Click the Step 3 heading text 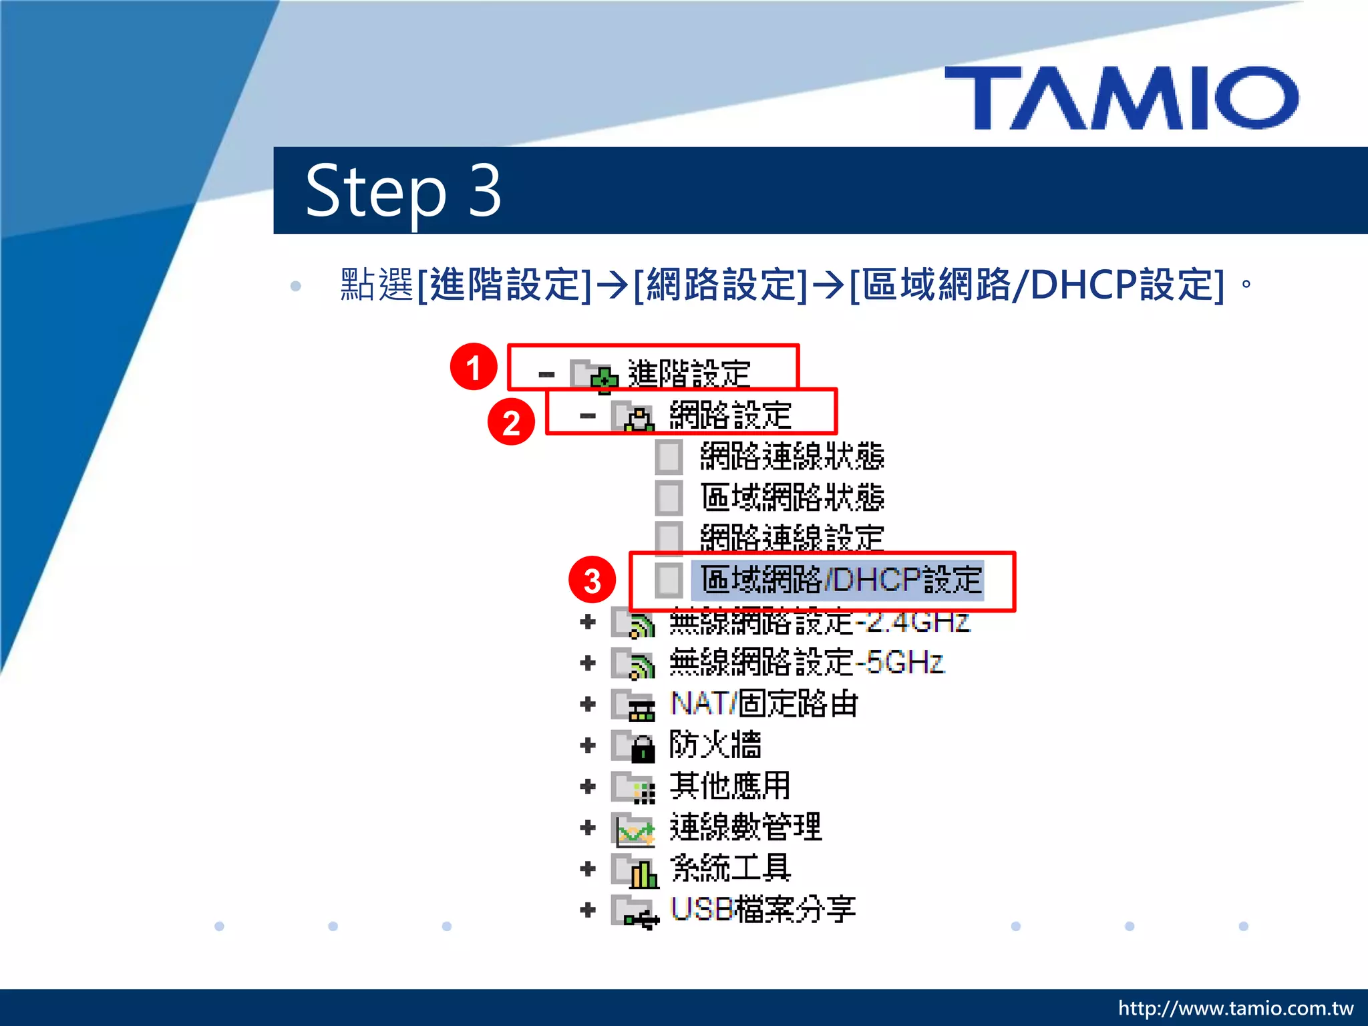(x=403, y=191)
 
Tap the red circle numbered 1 (x=474, y=367)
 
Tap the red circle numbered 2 (x=511, y=422)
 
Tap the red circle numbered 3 (x=592, y=580)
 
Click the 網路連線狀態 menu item (x=792, y=457)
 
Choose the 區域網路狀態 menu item (x=792, y=498)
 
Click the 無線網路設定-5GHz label (x=806, y=663)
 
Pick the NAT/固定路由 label (x=763, y=704)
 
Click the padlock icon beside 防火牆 (x=643, y=748)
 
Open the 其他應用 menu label (x=729, y=786)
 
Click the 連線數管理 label (x=745, y=827)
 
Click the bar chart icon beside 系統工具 (x=643, y=873)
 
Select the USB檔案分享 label (x=763, y=909)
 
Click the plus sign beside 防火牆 (x=588, y=745)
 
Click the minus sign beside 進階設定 (x=546, y=375)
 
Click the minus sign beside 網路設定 (x=588, y=416)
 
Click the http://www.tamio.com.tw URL (x=1235, y=1008)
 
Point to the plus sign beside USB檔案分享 (x=588, y=909)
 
